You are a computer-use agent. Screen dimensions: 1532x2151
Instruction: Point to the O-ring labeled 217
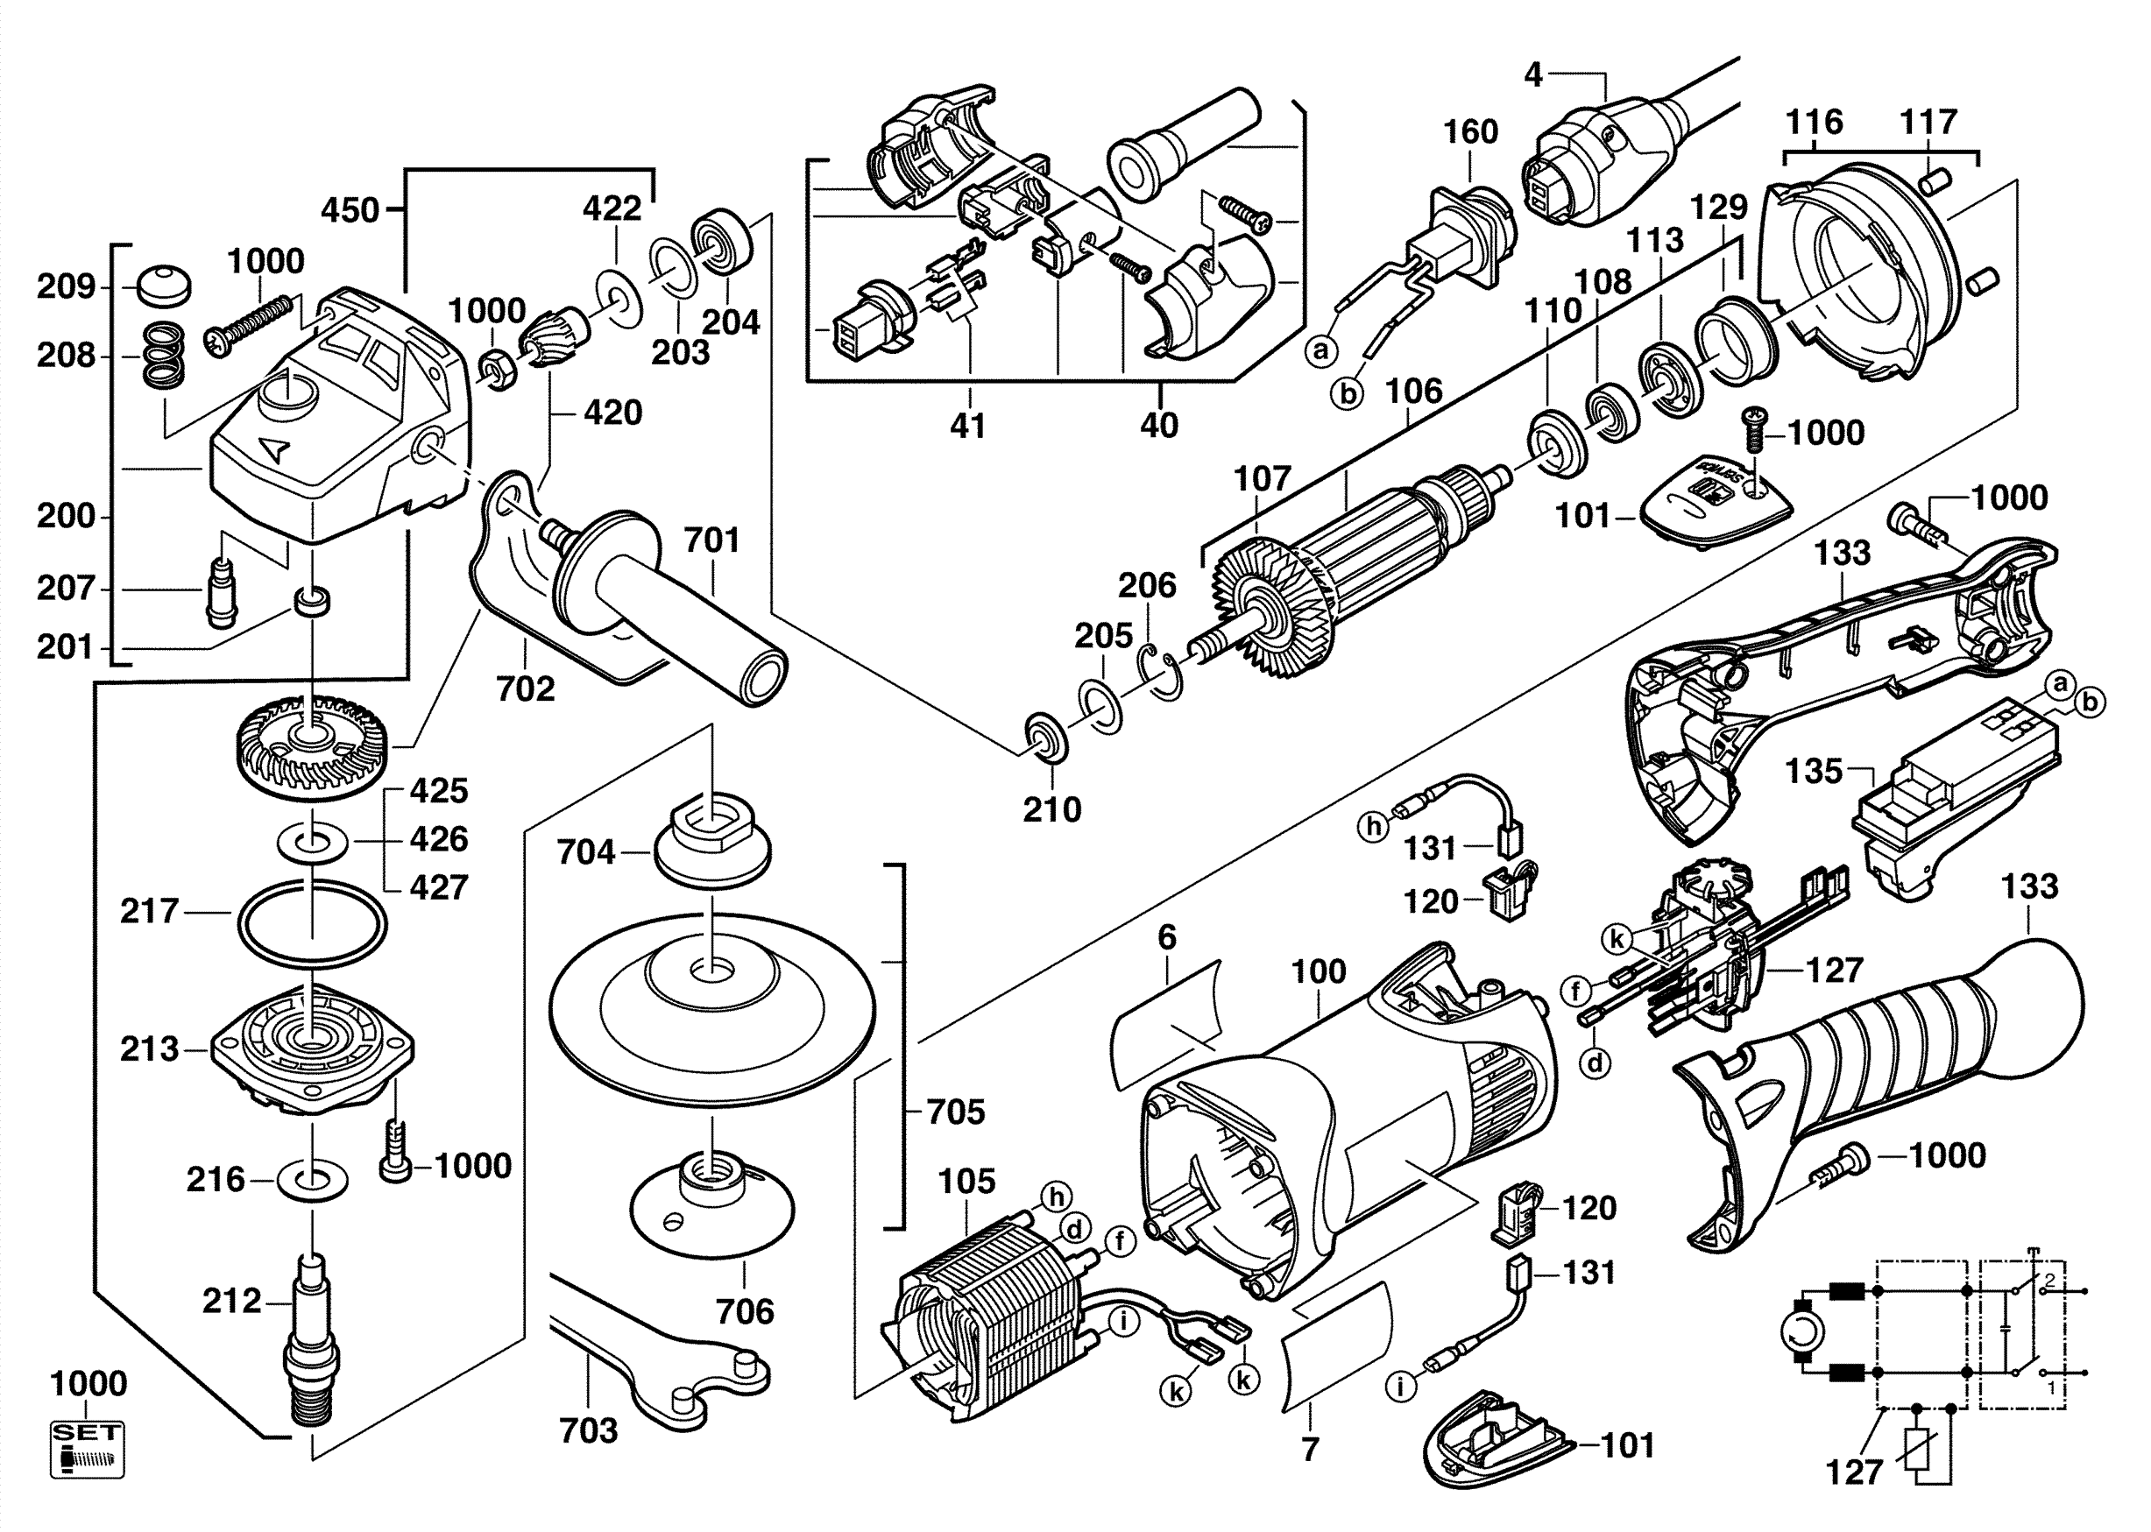click(x=311, y=923)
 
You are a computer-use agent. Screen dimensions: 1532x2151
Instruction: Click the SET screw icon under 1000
click(x=87, y=1450)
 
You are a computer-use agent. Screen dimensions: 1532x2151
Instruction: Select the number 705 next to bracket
click(x=955, y=1112)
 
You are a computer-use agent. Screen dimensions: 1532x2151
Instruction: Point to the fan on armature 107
click(x=1274, y=612)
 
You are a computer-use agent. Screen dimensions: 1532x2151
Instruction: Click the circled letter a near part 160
click(x=1322, y=351)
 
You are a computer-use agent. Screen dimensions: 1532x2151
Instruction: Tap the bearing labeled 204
click(x=725, y=244)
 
